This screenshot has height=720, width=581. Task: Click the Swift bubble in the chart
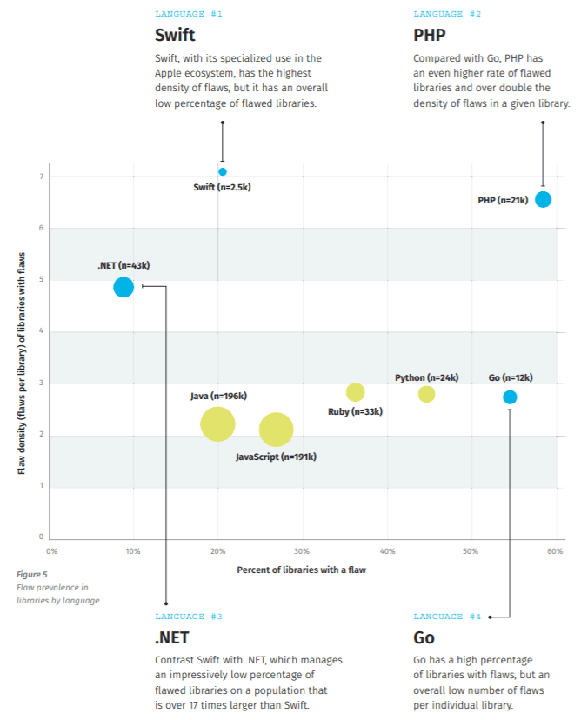tap(223, 171)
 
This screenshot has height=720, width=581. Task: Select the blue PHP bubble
tap(543, 199)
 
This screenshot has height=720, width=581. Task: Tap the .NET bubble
tap(124, 288)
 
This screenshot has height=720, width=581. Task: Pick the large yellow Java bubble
tap(217, 424)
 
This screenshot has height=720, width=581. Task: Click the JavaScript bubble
tap(276, 430)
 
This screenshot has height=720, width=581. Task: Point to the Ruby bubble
tap(355, 392)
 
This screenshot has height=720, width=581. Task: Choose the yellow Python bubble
tap(427, 394)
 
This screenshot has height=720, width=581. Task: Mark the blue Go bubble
tap(510, 397)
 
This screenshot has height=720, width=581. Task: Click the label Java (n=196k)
tap(218, 396)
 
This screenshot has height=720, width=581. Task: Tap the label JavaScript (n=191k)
tap(276, 457)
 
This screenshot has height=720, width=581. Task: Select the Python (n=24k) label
tap(427, 377)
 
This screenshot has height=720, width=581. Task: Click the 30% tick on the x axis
tap(302, 551)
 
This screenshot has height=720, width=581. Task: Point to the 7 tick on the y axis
tap(42, 177)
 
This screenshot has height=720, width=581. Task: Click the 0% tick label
tap(52, 551)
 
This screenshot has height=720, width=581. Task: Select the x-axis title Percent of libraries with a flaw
tap(301, 570)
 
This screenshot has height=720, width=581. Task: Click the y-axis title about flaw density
tap(22, 363)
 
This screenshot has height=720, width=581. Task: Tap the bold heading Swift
tap(175, 35)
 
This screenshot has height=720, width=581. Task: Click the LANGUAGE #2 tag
tap(447, 14)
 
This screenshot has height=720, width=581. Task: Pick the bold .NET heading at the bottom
tap(172, 637)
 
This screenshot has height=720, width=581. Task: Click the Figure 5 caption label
tap(32, 575)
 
